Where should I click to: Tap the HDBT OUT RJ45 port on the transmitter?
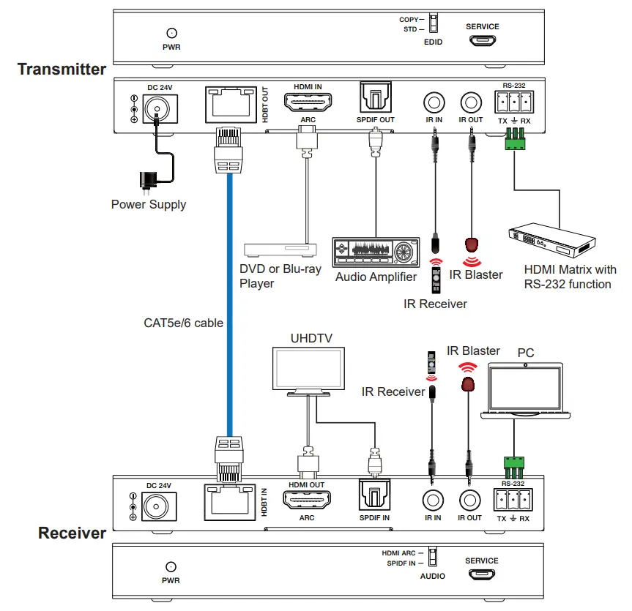[x=228, y=107]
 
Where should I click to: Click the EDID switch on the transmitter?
[x=432, y=23]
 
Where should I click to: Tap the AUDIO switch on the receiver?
[x=432, y=558]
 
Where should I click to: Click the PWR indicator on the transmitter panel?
[x=171, y=33]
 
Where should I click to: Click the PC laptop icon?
[x=525, y=391]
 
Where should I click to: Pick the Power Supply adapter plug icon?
[x=149, y=180]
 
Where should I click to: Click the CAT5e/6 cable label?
[x=183, y=322]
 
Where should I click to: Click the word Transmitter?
[x=62, y=70]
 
